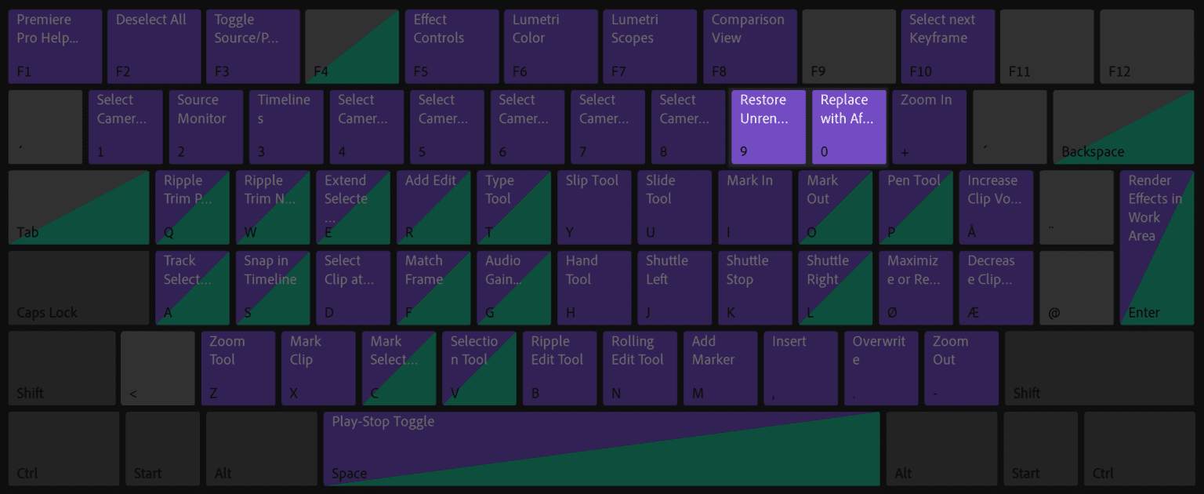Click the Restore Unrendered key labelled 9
tap(768, 127)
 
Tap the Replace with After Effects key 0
tap(849, 127)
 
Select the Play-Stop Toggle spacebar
tap(601, 449)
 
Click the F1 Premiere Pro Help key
tap(55, 46)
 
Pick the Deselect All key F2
tap(154, 46)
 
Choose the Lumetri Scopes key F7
tap(650, 46)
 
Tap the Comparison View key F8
tap(749, 46)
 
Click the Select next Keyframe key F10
tap(948, 46)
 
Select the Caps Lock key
tap(78, 288)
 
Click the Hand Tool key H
tap(594, 288)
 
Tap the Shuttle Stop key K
tap(754, 288)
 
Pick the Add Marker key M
tap(720, 369)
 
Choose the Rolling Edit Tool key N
tap(640, 369)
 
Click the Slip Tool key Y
tap(594, 208)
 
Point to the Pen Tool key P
tap(916, 208)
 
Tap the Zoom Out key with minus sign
tap(961, 369)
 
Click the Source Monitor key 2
tap(205, 127)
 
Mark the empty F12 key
tap(1146, 46)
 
